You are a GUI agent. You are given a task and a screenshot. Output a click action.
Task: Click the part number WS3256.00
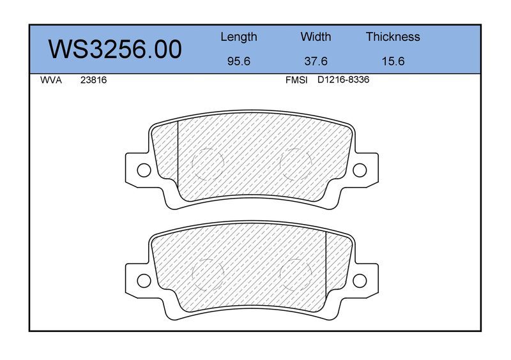point(115,49)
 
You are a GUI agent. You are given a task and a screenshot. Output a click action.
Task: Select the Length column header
point(239,37)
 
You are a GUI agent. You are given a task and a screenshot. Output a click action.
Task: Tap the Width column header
point(316,36)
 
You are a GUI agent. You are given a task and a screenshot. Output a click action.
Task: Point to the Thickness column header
point(393,36)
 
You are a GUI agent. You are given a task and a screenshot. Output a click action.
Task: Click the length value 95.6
point(239,61)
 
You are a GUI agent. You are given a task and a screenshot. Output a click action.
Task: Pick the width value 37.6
point(316,61)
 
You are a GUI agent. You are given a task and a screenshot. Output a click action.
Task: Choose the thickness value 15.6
point(393,61)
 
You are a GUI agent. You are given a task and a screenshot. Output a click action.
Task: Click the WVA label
point(51,80)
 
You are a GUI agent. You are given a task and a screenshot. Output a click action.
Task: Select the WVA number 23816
point(93,80)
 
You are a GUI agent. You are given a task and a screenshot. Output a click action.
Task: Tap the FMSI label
point(296,80)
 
